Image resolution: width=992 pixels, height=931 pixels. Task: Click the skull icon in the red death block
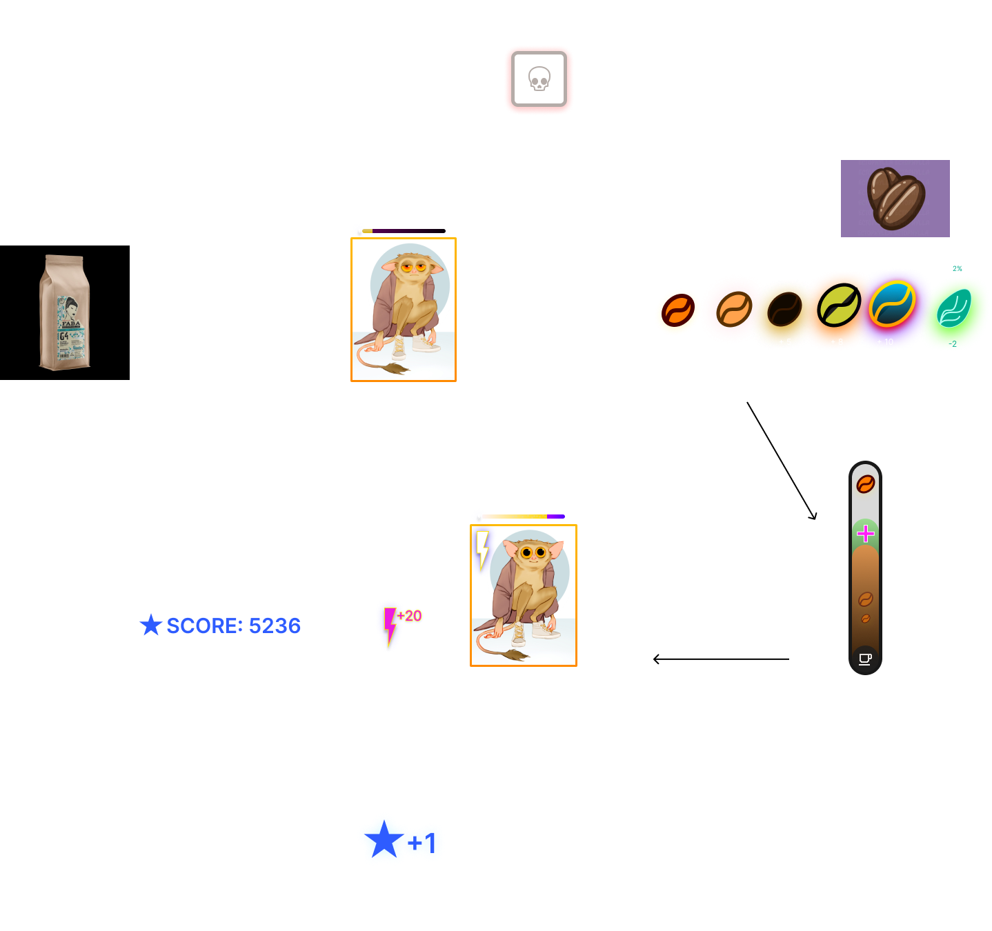(539, 79)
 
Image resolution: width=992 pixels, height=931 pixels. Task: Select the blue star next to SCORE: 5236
(150, 625)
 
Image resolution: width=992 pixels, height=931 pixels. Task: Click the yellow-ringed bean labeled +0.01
(678, 310)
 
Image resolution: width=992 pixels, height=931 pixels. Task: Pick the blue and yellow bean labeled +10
(891, 304)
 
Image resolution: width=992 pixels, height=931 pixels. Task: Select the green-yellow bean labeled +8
(838, 305)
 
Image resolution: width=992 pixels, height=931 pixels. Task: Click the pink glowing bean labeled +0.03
(733, 310)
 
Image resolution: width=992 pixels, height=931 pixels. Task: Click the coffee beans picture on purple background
(895, 199)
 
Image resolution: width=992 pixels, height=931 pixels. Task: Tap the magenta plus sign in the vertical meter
(865, 533)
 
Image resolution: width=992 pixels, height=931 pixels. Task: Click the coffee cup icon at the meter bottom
(865, 659)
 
